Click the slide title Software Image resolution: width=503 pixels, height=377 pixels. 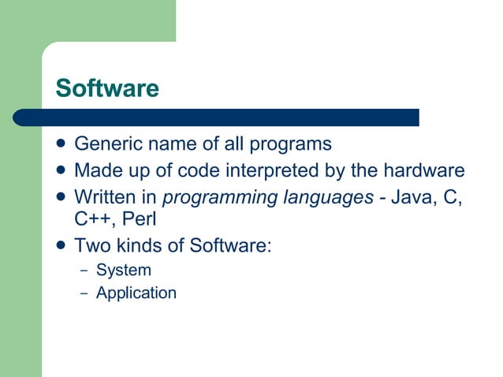coord(106,88)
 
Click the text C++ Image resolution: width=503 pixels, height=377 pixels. coord(92,218)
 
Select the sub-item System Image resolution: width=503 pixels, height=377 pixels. coord(123,270)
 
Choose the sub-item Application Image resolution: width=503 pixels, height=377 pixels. coord(136,293)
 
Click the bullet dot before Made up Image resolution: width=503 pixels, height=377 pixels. coord(61,170)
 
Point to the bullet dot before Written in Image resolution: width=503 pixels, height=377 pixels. coord(61,196)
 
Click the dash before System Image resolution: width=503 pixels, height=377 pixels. coord(84,271)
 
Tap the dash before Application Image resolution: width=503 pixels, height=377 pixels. coord(84,293)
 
